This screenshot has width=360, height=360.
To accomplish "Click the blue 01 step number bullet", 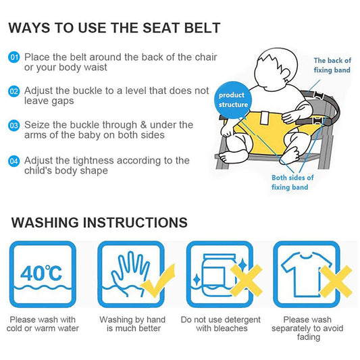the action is [14, 57].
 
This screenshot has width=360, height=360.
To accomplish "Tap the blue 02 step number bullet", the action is [14, 91].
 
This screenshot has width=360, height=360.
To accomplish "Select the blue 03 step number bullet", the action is [14, 126].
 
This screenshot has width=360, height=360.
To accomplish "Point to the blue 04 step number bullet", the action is [14, 161].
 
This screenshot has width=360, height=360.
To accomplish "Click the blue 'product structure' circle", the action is [233, 100].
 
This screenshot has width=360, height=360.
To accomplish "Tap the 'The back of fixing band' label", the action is [332, 66].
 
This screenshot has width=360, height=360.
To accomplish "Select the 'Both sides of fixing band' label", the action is [292, 182].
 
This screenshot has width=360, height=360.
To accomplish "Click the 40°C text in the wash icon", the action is [41, 273].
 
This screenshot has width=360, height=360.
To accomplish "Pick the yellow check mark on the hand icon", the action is [159, 281].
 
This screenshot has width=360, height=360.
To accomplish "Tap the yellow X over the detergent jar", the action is [246, 280].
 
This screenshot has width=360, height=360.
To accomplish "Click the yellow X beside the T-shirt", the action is [336, 282].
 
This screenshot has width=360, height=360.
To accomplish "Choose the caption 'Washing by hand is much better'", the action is [132, 324].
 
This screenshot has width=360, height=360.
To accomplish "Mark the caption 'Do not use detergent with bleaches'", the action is [221, 324].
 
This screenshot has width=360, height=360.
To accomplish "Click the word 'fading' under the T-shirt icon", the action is [309, 337].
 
